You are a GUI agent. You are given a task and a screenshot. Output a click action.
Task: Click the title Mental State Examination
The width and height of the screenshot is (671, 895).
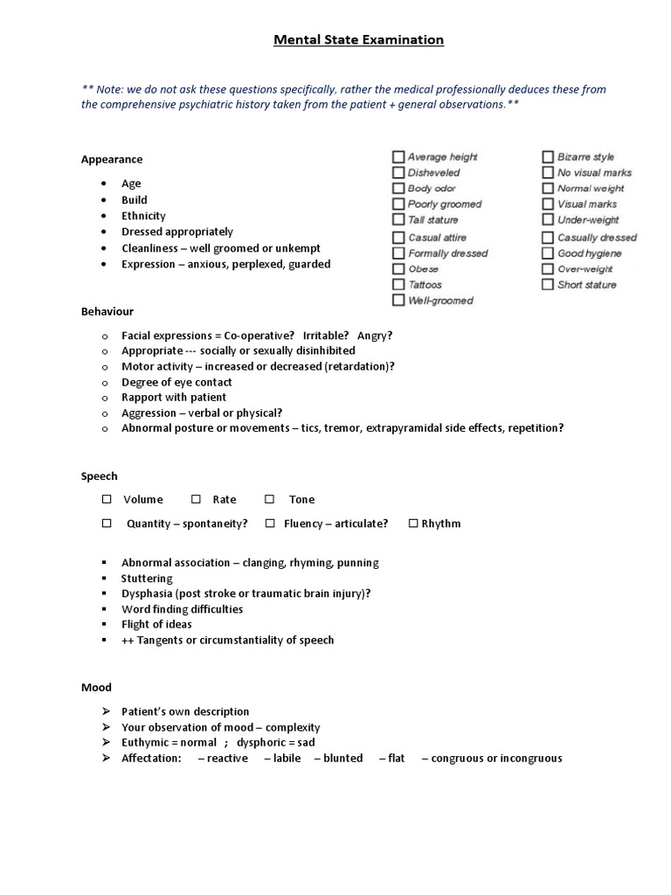(359, 40)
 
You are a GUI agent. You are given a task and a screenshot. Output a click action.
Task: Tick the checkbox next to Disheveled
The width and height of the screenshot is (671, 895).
(398, 173)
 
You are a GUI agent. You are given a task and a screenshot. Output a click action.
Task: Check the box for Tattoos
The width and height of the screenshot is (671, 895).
(398, 285)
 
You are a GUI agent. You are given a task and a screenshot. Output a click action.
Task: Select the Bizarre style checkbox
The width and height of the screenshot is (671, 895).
(548, 157)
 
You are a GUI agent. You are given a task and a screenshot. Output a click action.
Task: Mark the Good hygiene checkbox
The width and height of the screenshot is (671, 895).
(548, 253)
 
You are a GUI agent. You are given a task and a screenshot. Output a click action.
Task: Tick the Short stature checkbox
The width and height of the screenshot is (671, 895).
(548, 285)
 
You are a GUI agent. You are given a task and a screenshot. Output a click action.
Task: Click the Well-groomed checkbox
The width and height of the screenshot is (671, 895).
(398, 301)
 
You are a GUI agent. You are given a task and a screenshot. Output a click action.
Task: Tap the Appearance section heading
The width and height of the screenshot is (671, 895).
(112, 159)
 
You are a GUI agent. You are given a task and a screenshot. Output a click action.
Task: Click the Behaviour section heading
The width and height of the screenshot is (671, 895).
(107, 311)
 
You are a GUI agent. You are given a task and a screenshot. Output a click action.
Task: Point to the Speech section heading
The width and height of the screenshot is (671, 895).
(99, 476)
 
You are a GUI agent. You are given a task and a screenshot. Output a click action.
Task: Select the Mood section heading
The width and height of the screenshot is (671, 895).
(96, 688)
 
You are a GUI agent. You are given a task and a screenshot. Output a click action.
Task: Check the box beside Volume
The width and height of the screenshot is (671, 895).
(107, 499)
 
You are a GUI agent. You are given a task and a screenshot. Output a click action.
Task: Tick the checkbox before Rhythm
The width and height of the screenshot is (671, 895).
(413, 524)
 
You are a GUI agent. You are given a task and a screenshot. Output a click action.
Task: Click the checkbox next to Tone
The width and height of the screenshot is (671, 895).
(270, 499)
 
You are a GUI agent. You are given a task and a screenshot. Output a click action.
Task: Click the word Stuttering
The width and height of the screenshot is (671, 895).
(147, 579)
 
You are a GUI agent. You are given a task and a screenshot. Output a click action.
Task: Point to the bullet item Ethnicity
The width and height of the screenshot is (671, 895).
(143, 216)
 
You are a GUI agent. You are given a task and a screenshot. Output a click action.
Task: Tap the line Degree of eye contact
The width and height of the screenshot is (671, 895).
(176, 382)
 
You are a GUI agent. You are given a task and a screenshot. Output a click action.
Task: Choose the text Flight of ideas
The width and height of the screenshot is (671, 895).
(156, 625)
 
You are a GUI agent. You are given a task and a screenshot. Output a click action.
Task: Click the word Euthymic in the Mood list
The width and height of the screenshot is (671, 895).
(145, 743)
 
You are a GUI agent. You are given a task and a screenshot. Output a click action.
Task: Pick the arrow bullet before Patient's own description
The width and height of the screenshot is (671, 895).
(106, 711)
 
